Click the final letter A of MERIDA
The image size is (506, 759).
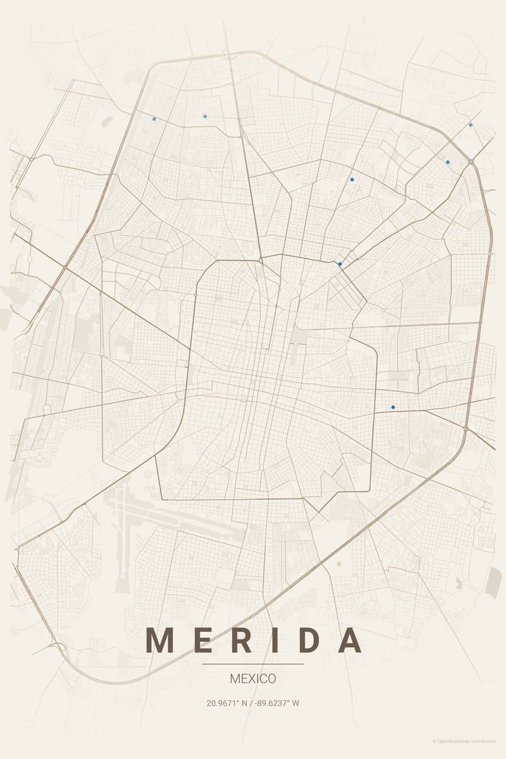tap(349, 640)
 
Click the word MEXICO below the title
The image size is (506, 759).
tap(253, 679)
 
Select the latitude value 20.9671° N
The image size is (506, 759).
tap(228, 703)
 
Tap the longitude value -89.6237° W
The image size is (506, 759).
tap(276, 703)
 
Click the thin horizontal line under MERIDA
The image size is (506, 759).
tap(253, 664)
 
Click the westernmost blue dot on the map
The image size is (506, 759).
tap(154, 118)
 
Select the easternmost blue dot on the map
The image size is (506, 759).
tap(471, 125)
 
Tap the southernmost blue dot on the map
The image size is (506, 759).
tap(393, 407)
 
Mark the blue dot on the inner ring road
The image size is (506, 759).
tap(340, 264)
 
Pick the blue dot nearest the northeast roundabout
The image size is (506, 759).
tap(448, 162)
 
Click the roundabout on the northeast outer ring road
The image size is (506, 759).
tap(471, 163)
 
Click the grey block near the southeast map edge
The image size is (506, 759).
tap(493, 582)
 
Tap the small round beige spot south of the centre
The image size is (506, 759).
tap(339, 563)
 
